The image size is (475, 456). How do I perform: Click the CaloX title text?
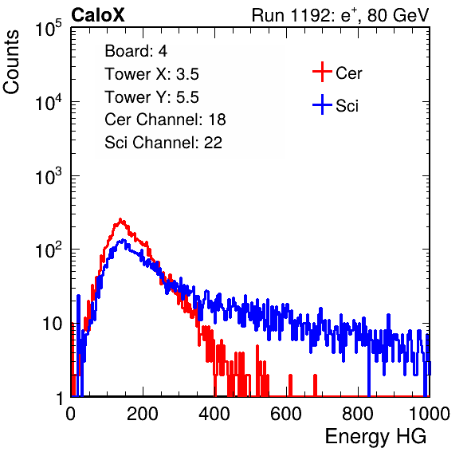pos(98,15)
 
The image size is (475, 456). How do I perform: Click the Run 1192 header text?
pos(340,15)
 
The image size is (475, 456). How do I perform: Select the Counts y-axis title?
pos(11,62)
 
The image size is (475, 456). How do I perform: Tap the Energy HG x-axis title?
pos(375,437)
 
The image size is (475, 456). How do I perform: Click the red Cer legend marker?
pos(322,72)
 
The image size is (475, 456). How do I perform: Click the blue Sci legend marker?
pos(322,105)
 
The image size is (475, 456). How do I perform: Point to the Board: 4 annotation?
pos(135,51)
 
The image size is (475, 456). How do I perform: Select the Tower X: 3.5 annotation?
pos(151,74)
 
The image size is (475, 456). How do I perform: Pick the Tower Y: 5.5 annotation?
pos(151,97)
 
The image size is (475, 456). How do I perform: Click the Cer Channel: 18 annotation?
pos(165,120)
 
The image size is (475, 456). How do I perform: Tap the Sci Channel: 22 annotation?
pos(163,142)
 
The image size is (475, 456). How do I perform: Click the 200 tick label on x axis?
pos(143,414)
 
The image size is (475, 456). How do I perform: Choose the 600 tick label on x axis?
pos(286,414)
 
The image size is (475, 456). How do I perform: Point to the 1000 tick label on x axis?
pos(430,414)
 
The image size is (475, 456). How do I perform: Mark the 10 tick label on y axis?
pos(52,324)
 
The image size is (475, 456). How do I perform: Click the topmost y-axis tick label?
pos(49,29)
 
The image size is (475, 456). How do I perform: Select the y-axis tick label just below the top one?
pos(49,102)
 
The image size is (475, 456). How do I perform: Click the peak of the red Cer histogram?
pos(120,218)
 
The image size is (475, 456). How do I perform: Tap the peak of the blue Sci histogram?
pos(123,240)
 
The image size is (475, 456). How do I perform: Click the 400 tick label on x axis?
pos(214,414)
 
